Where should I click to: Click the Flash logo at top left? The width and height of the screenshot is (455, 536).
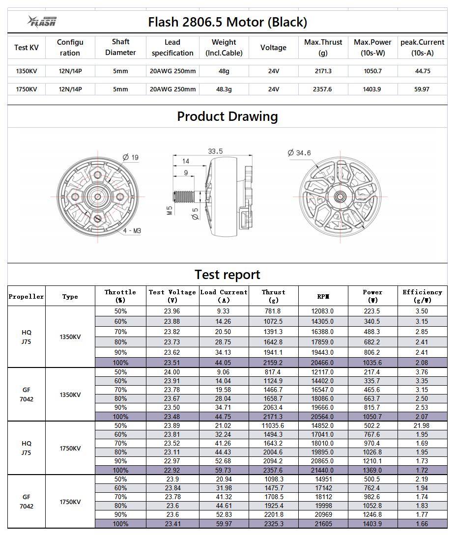42,21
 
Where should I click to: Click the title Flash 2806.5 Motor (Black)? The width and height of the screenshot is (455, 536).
227,22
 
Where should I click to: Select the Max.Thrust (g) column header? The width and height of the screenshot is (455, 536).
323,48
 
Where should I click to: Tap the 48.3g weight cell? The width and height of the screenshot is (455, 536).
224,89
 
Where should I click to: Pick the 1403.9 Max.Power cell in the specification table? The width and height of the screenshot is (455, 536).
372,89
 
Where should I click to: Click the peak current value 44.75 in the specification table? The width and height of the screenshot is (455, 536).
422,71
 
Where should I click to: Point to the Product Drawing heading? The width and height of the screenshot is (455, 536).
227,116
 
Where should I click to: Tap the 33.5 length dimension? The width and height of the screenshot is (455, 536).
215,151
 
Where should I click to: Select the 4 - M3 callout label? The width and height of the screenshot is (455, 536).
132,230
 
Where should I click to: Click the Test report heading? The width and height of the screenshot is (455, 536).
227,274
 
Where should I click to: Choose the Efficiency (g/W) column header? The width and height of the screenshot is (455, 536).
422,296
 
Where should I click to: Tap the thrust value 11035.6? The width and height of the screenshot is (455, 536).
273,425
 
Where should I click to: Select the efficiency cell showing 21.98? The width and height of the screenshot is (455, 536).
422,425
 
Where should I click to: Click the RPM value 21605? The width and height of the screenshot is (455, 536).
323,524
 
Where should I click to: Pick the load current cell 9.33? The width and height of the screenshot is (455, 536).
224,311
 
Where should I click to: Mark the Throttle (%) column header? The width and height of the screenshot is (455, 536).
120,296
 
